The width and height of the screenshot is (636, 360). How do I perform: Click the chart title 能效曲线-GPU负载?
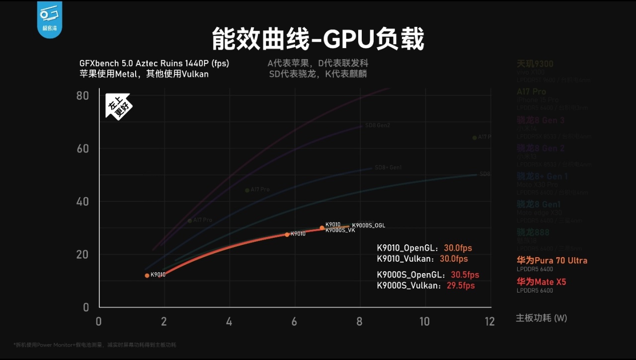[318, 39]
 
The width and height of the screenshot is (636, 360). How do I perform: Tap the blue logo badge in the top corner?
[49, 18]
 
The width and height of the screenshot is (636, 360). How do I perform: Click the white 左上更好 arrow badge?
[118, 106]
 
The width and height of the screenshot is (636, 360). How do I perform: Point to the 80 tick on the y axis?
[83, 95]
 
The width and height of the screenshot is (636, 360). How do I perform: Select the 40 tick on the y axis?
[83, 202]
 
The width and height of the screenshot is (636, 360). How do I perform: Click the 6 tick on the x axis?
[294, 321]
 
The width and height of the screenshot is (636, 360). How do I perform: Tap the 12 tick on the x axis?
[490, 321]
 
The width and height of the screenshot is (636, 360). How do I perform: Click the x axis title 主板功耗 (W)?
[541, 318]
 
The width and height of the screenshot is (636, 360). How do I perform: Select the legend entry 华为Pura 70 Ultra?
[552, 261]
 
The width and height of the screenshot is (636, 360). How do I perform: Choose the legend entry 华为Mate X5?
[541, 282]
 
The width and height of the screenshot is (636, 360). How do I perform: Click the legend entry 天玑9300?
[535, 64]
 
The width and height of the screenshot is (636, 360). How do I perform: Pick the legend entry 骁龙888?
[533, 232]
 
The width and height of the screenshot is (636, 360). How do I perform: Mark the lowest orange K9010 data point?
[147, 276]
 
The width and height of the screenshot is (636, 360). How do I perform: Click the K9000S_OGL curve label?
[368, 225]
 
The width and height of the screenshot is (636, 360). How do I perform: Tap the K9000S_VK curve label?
[340, 230]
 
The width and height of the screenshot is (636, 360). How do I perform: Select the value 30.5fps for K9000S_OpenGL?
[465, 275]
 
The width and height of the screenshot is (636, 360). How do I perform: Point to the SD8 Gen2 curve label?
[378, 125]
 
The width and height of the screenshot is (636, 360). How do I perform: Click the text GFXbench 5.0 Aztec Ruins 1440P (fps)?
[154, 64]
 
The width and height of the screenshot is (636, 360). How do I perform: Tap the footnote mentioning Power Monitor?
[94, 345]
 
